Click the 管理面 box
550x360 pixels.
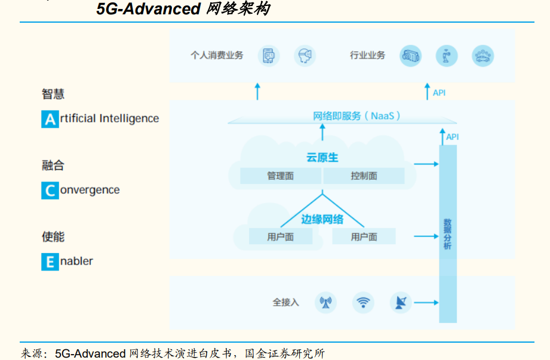click(x=281, y=176)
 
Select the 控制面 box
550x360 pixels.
click(x=364, y=176)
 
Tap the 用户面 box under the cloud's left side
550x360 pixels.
click(x=280, y=236)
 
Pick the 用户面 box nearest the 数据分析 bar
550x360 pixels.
click(x=364, y=236)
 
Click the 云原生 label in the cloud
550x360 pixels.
click(x=322, y=158)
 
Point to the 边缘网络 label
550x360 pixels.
click(x=322, y=219)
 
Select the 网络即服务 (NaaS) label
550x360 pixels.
click(x=357, y=116)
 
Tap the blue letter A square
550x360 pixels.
click(x=50, y=119)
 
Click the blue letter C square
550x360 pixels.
click(x=50, y=190)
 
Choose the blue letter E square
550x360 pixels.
click(x=50, y=261)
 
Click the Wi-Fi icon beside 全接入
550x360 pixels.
click(x=363, y=302)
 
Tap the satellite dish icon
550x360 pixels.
click(x=400, y=302)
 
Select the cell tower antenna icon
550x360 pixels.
click(x=325, y=302)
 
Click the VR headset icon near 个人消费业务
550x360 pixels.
click(x=305, y=56)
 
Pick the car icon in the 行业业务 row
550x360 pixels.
click(x=483, y=56)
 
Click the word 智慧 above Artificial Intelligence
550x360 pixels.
click(x=53, y=94)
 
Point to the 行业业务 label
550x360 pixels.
click(x=367, y=56)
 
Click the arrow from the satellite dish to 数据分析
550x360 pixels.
click(x=426, y=303)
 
